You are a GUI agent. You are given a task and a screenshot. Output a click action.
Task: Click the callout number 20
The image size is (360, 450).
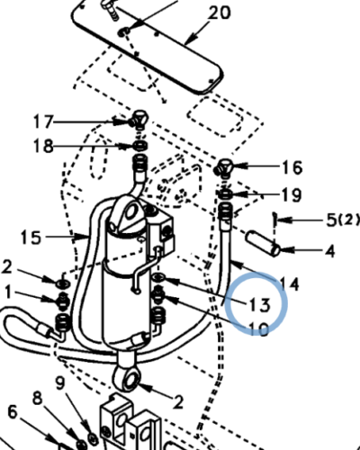tap(219, 13)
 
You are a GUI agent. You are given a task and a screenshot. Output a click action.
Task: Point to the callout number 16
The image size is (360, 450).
tap(291, 166)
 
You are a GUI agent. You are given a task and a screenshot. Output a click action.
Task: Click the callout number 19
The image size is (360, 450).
tap(291, 194)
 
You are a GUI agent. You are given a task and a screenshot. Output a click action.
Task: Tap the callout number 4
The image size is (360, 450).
tap(329, 250)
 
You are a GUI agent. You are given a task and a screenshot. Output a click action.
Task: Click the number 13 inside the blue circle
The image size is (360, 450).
tap(259, 304)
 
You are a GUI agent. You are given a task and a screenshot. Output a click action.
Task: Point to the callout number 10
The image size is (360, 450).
tap(258, 329)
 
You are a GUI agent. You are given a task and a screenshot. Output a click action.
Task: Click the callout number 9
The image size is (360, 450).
tap(59, 383)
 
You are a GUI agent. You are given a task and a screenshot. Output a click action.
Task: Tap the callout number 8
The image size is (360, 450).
tap(37, 398)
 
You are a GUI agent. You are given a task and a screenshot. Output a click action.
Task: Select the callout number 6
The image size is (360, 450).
tap(12, 411)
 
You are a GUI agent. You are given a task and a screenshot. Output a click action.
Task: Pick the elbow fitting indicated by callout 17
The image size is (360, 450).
tap(138, 118)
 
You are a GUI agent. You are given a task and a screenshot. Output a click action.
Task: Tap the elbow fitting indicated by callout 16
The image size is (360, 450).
tap(224, 168)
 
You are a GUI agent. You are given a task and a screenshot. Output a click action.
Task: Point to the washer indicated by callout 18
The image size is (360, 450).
tap(140, 146)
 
